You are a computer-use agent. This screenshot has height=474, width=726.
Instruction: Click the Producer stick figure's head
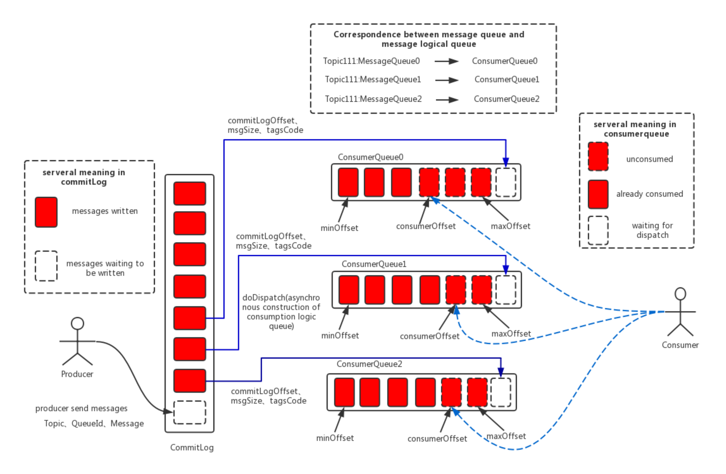pos(77,323)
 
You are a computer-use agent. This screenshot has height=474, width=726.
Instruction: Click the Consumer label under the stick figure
pos(680,345)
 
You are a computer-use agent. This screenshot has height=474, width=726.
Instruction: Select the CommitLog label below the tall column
pos(192,447)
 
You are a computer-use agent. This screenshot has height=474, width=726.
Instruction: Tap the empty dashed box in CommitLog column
pos(190,412)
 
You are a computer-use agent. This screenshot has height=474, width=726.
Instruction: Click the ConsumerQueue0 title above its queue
pos(370,157)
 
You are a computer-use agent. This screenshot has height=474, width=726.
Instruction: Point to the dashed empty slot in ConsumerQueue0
pos(505,182)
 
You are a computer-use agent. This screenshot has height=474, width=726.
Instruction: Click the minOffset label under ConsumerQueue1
pos(340,336)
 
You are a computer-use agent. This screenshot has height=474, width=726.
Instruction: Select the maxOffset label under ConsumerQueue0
pos(510,226)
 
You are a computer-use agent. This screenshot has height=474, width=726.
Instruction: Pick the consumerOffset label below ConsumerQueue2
pos(437,439)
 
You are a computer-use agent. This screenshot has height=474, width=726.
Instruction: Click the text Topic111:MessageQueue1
pos(373,80)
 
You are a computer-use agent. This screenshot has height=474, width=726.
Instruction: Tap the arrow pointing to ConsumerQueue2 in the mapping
pos(447,100)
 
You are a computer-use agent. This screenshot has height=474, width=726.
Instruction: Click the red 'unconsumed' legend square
pos(598,156)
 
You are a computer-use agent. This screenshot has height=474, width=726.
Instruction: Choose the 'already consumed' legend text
pos(649,194)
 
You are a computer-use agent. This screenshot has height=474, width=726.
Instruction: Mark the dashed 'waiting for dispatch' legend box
pos(598,230)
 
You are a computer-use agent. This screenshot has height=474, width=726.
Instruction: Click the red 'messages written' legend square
pos(46,212)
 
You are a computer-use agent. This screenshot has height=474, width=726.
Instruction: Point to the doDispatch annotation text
pos(281,312)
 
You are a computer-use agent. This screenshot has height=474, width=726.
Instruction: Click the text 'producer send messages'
pos(81,408)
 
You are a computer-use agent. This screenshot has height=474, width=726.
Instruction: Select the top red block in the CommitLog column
pos(190,194)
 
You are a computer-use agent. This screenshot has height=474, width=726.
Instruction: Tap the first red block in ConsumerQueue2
pos(344,392)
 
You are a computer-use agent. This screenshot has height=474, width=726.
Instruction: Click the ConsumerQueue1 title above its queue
pos(374,264)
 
